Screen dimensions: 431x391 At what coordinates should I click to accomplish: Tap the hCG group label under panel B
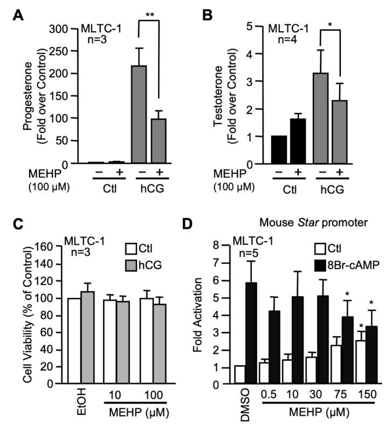[331, 191]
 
